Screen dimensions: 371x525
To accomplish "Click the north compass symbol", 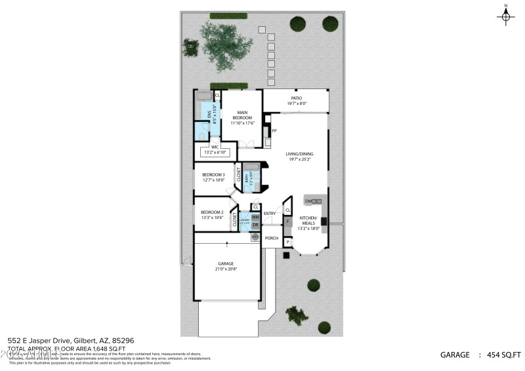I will [506, 16].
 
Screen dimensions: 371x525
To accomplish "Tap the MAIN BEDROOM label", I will [242, 115].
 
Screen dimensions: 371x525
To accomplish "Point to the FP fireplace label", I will [274, 130].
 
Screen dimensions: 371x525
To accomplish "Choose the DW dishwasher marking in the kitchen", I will [307, 201].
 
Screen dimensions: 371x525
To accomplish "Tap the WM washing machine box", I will [255, 217].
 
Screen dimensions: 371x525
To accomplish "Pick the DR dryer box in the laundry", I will [255, 225].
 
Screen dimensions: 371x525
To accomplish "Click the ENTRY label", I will [270, 214].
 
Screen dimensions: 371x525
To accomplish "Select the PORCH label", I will [272, 238].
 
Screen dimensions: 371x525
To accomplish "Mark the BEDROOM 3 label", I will [213, 174].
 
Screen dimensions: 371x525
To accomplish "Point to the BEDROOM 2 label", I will [212, 212].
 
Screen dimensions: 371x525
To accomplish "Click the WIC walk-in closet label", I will [215, 147].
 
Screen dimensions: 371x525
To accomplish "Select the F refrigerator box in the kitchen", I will [287, 222].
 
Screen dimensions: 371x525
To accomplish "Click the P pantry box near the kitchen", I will [287, 243].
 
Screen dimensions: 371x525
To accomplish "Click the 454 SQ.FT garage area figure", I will [503, 355].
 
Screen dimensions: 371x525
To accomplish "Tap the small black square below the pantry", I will [286, 254].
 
